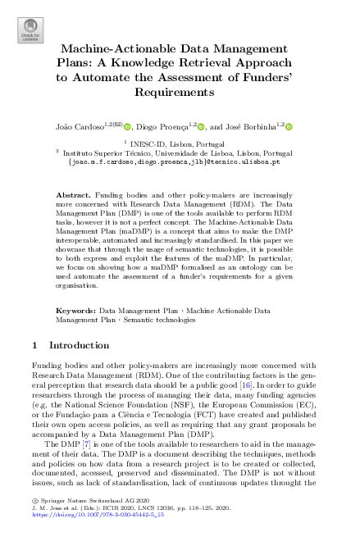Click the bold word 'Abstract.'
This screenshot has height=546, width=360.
(73, 194)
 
